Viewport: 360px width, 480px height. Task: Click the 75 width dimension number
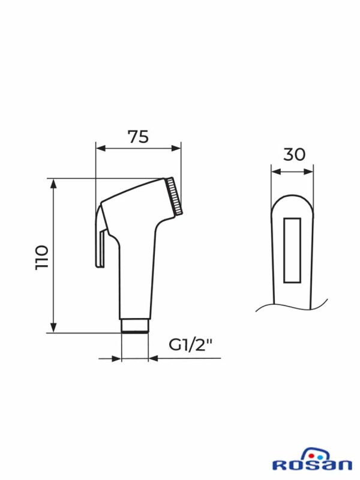coord(139,137)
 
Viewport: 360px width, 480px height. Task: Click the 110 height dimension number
coord(42,257)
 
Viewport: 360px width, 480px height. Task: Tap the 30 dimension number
coord(294,155)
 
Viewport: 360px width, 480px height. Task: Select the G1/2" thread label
coord(190,346)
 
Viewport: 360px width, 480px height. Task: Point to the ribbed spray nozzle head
coord(174,196)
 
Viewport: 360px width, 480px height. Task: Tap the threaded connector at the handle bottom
coord(135,326)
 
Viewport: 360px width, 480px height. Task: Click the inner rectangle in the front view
coord(292,250)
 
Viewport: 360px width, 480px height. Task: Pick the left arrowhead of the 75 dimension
coord(101,148)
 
